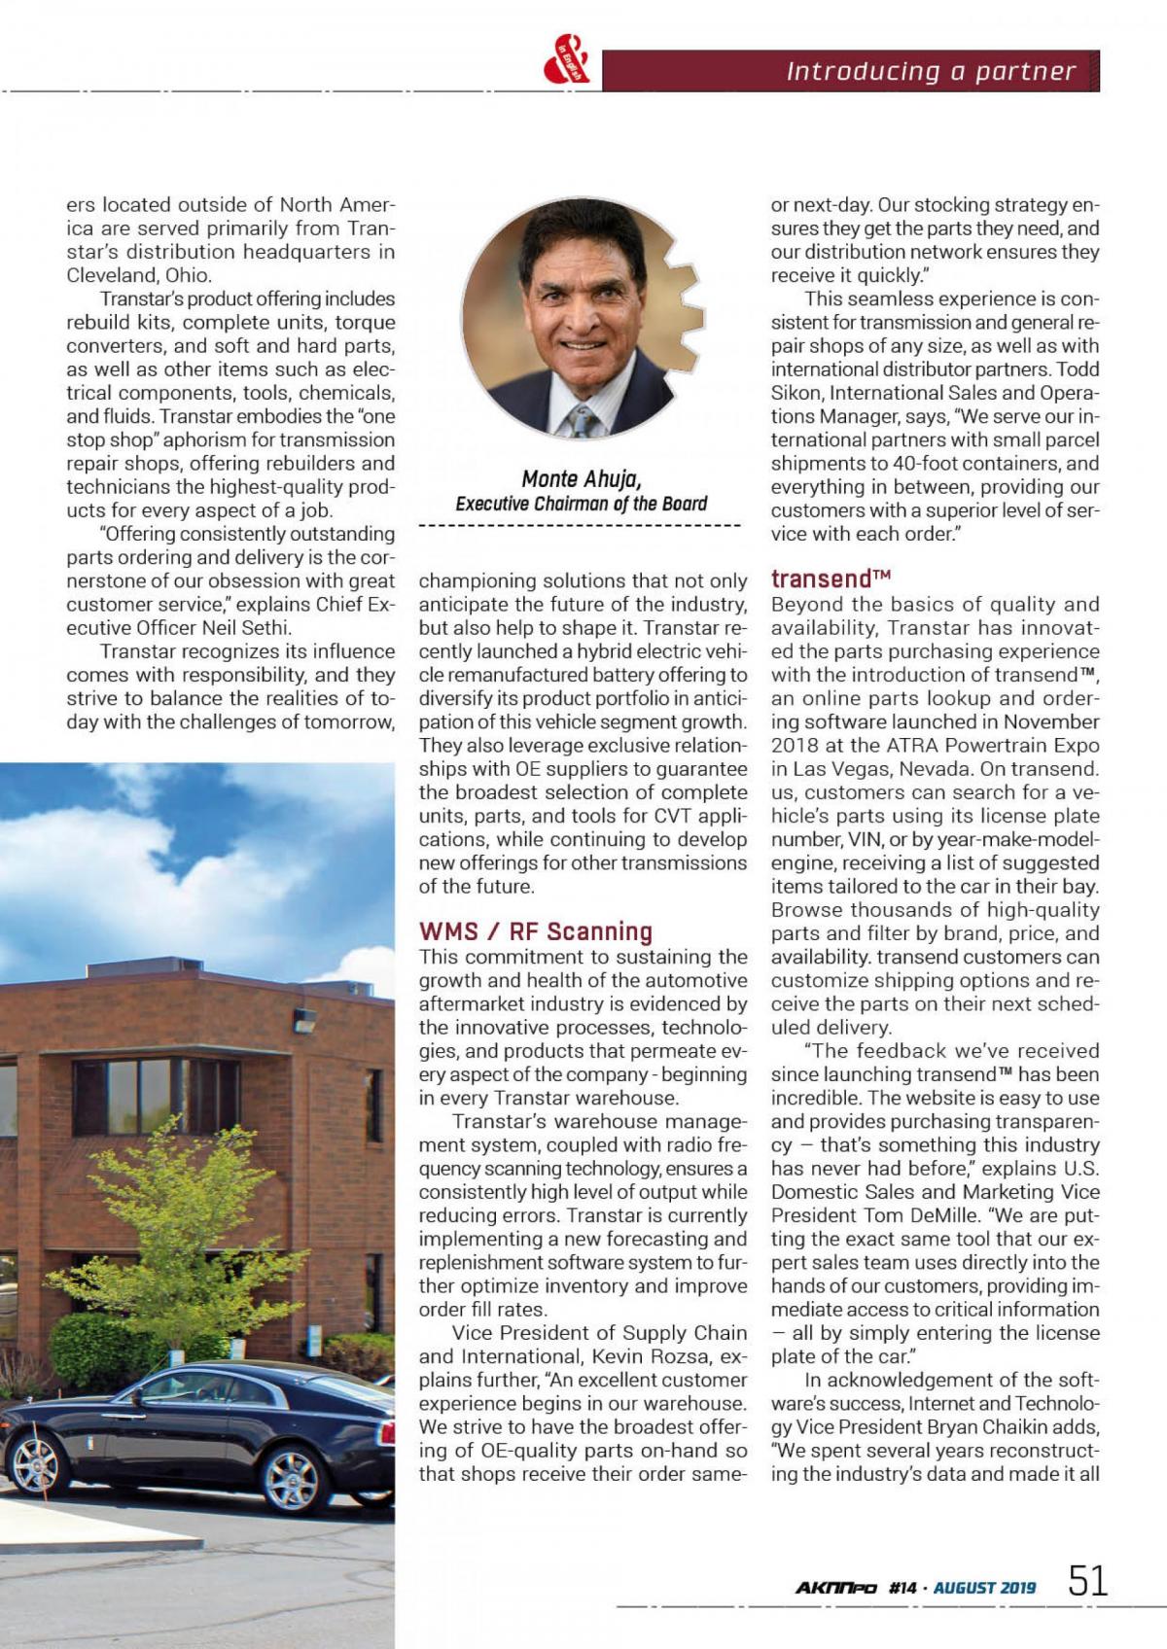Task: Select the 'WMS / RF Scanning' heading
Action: pyautogui.click(x=536, y=931)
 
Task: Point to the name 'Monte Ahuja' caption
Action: pyautogui.click(x=582, y=478)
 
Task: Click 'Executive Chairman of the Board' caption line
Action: pyautogui.click(x=582, y=504)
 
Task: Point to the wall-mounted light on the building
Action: pyautogui.click(x=304, y=1021)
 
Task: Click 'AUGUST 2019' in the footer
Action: pyautogui.click(x=984, y=1588)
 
